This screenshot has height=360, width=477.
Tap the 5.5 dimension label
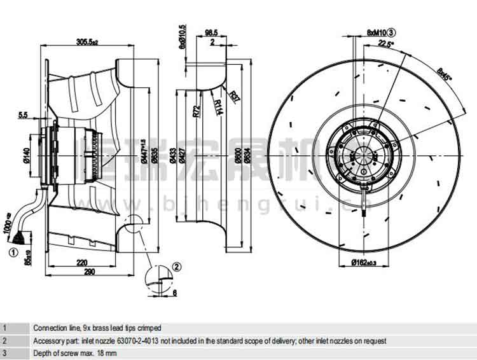click(24, 115)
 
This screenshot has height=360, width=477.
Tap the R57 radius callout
click(236, 97)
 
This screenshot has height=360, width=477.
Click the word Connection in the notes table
click(50, 328)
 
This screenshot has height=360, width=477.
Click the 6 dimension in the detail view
click(176, 293)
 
